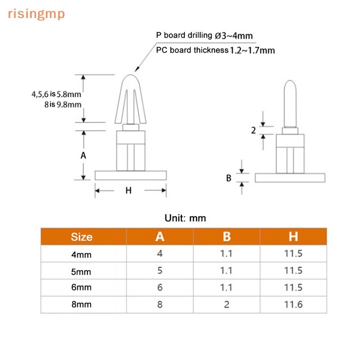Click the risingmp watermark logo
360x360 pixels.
click(36, 14)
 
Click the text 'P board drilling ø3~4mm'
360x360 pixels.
click(204, 36)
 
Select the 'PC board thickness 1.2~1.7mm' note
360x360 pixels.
click(216, 50)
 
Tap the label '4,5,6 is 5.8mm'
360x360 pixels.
click(56, 94)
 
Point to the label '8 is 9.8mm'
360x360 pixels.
click(63, 104)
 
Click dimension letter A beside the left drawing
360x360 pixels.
click(83, 155)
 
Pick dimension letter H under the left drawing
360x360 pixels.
click(129, 190)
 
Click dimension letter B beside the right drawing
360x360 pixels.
click(229, 178)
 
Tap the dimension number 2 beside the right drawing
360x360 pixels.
click(253, 130)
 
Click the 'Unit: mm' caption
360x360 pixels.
click(185, 218)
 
